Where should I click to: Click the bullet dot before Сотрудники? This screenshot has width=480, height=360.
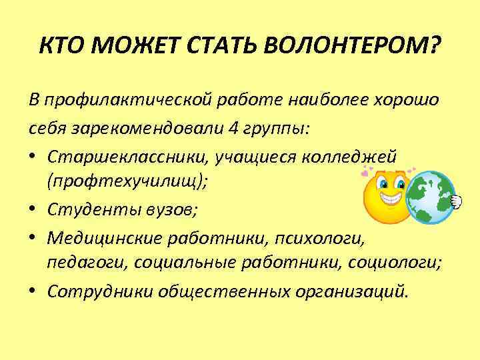(x=33, y=293)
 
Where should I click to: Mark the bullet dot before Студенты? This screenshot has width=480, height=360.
(x=33, y=211)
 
